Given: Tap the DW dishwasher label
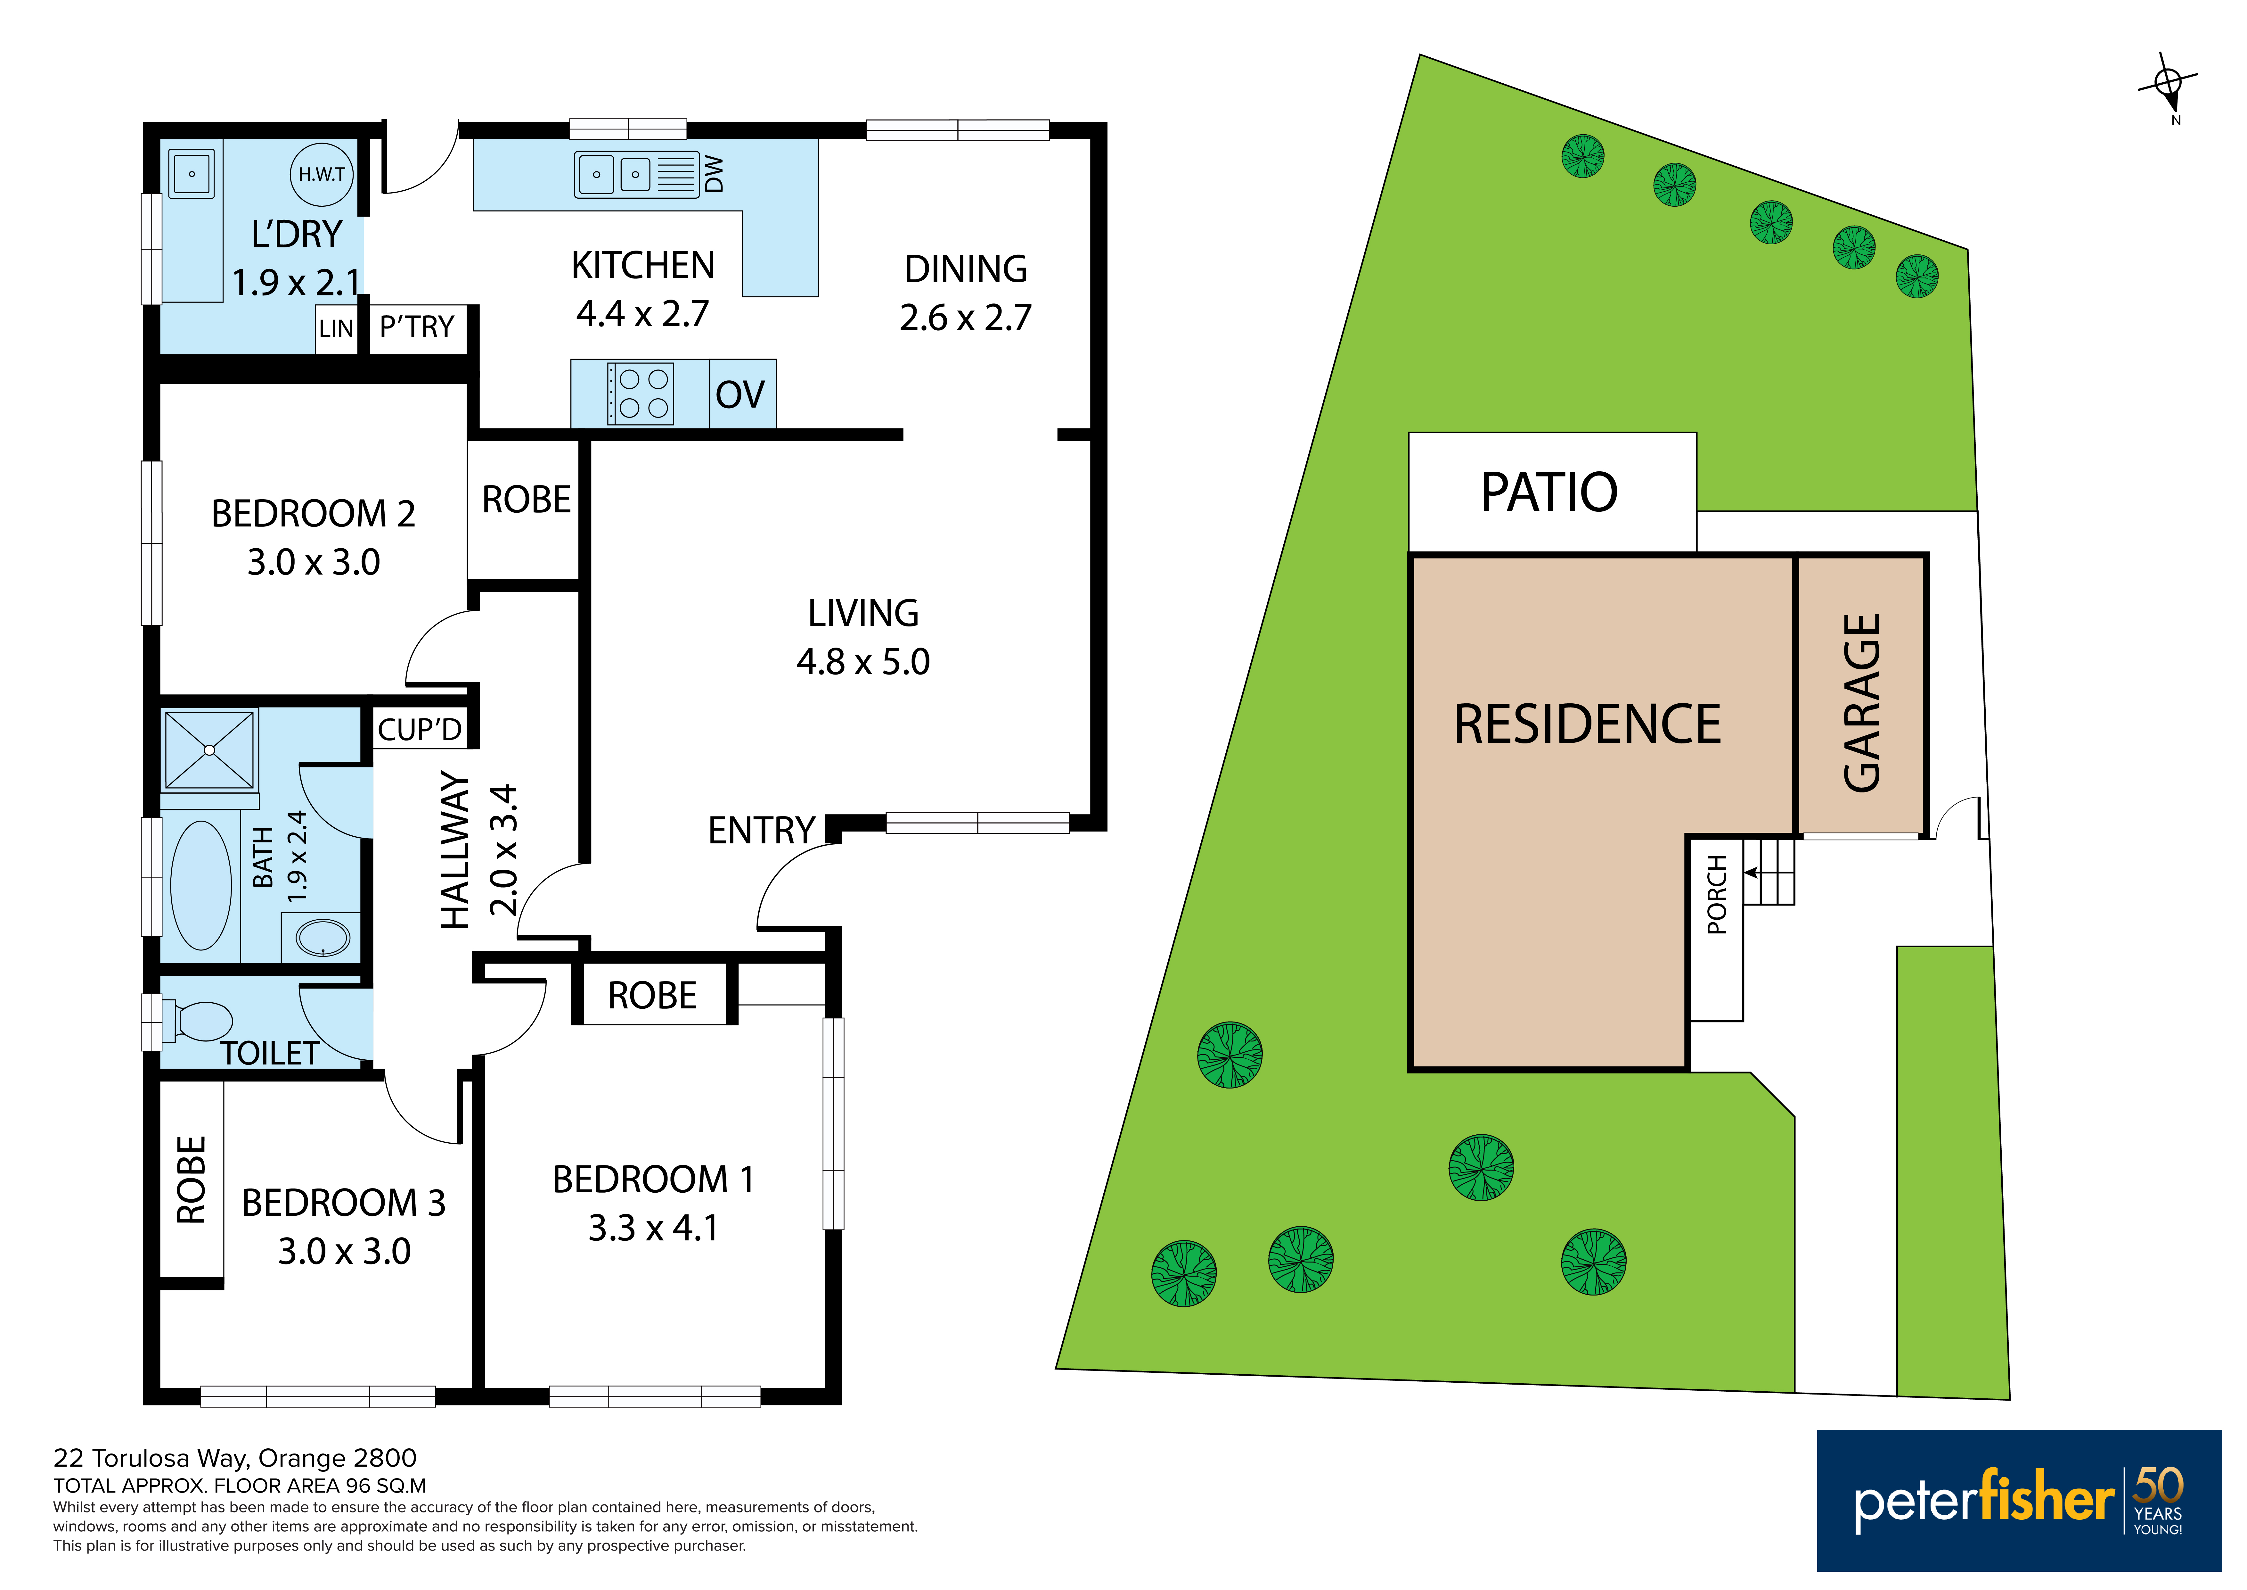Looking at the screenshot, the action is pos(715,174).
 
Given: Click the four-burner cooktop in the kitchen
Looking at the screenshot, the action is pos(641,393).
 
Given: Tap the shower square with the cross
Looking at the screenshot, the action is pos(209,750).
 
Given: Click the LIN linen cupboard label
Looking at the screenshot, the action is pos(336,329).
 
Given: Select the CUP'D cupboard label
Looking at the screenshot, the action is pos(420,729).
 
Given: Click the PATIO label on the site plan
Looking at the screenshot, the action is pos(1549,493).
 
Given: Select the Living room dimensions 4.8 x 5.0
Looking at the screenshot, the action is pos(863,662).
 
